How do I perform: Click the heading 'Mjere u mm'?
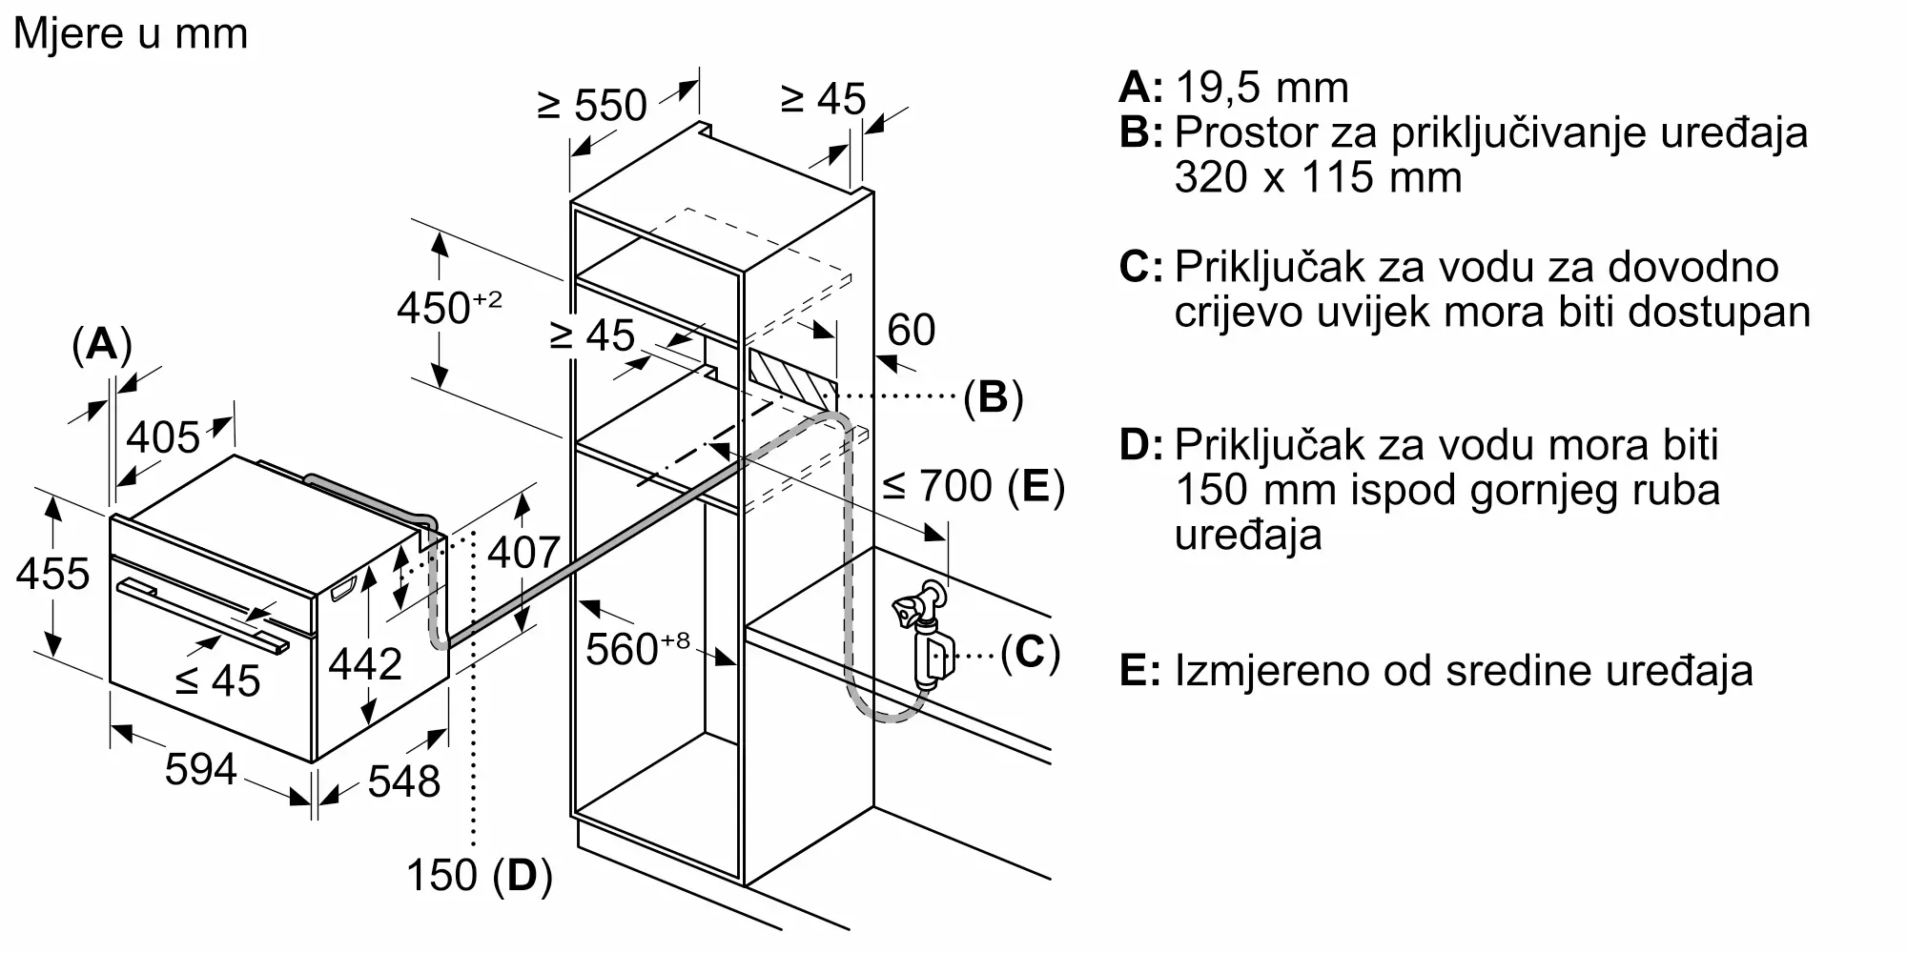(131, 34)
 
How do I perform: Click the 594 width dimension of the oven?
(200, 768)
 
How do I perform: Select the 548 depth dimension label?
(403, 781)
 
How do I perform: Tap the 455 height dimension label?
(52, 574)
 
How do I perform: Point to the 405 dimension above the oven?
(163, 437)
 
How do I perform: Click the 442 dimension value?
(365, 663)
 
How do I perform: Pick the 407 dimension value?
(523, 552)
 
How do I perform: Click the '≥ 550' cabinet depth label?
(592, 105)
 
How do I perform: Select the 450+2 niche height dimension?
(448, 307)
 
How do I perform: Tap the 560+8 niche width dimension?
(636, 649)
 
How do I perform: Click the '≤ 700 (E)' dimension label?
(973, 487)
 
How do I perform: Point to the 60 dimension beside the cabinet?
(911, 330)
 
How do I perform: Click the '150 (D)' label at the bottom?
(479, 875)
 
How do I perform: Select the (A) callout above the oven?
(101, 345)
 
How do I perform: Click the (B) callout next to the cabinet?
(993, 396)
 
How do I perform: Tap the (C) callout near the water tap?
(1030, 653)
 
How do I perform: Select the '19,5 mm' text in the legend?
(1261, 88)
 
